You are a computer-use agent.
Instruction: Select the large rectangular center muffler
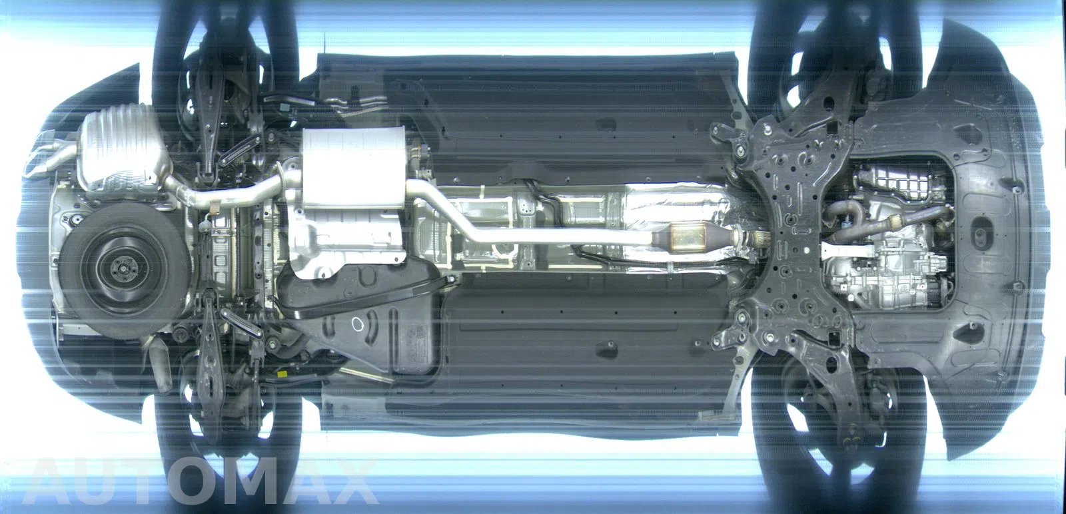[x=352, y=167]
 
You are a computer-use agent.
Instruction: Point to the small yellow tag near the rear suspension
[x=282, y=375]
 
